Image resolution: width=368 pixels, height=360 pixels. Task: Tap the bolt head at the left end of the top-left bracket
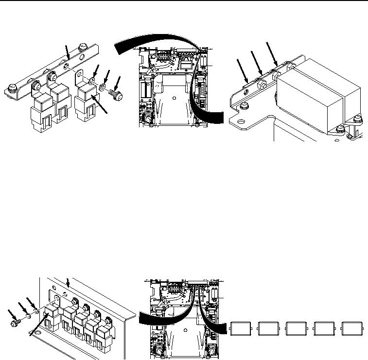click(x=13, y=89)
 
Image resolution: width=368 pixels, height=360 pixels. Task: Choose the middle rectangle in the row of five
click(x=297, y=328)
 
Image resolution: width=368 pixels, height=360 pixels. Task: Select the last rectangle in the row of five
click(x=352, y=328)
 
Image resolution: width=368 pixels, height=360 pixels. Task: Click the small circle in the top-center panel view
click(x=174, y=97)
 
